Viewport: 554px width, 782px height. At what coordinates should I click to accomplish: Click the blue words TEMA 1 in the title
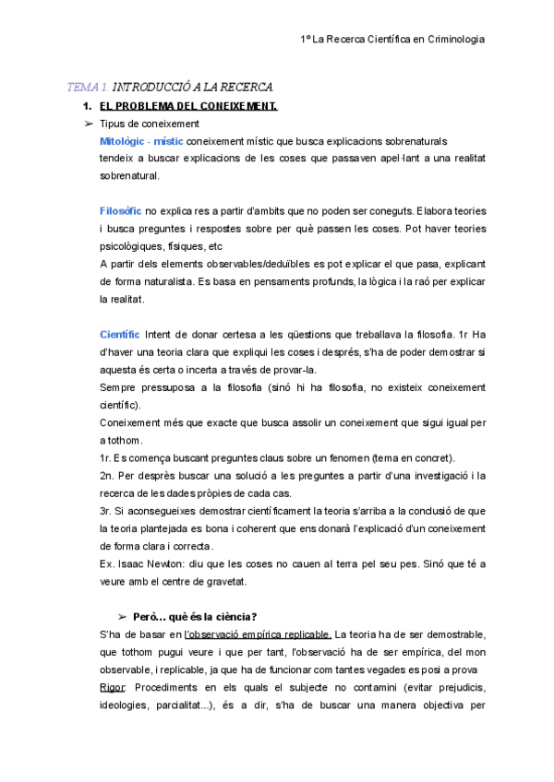coord(87,88)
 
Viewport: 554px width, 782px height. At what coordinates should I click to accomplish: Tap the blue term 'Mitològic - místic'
coord(140,141)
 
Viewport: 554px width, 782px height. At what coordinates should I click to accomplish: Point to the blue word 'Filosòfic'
coord(120,210)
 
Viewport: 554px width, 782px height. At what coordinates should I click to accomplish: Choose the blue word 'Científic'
coord(120,333)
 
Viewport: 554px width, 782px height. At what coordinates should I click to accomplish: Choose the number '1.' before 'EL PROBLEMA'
coord(89,106)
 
